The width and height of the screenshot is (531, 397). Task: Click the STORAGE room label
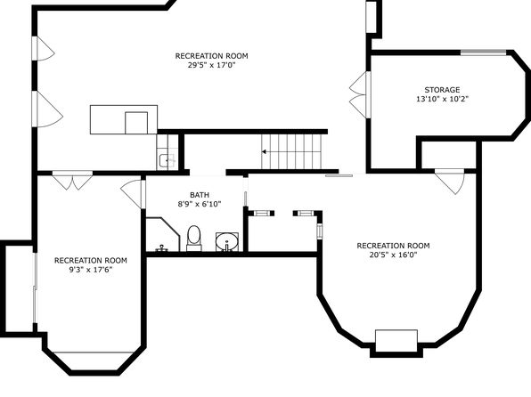pyautogui.click(x=442, y=90)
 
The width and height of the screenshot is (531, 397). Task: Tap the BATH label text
pyautogui.click(x=200, y=195)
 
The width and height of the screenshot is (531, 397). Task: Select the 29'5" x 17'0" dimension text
pyautogui.click(x=211, y=65)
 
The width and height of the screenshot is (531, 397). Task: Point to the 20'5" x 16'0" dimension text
pyautogui.click(x=393, y=255)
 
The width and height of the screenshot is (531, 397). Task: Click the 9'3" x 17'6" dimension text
pyautogui.click(x=90, y=270)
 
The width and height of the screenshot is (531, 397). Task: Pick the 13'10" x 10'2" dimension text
pyautogui.click(x=442, y=99)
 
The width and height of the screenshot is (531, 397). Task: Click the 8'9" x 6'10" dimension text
pyautogui.click(x=200, y=204)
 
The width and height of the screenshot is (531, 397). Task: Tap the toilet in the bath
pyautogui.click(x=194, y=239)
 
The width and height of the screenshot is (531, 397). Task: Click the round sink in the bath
pyautogui.click(x=227, y=241)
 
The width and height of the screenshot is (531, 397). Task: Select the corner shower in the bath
pyautogui.click(x=162, y=234)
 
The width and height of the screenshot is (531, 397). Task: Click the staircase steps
pyautogui.click(x=291, y=151)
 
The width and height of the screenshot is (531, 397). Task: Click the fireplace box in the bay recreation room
pyautogui.click(x=396, y=341)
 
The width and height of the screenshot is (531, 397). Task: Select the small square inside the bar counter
pyautogui.click(x=136, y=123)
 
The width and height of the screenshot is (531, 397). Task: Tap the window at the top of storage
pyautogui.click(x=483, y=53)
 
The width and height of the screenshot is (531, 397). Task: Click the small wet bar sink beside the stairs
pyautogui.click(x=167, y=161)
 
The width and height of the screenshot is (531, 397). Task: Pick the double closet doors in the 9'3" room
pyautogui.click(x=72, y=181)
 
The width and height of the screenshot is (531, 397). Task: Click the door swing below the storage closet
pyautogui.click(x=450, y=182)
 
